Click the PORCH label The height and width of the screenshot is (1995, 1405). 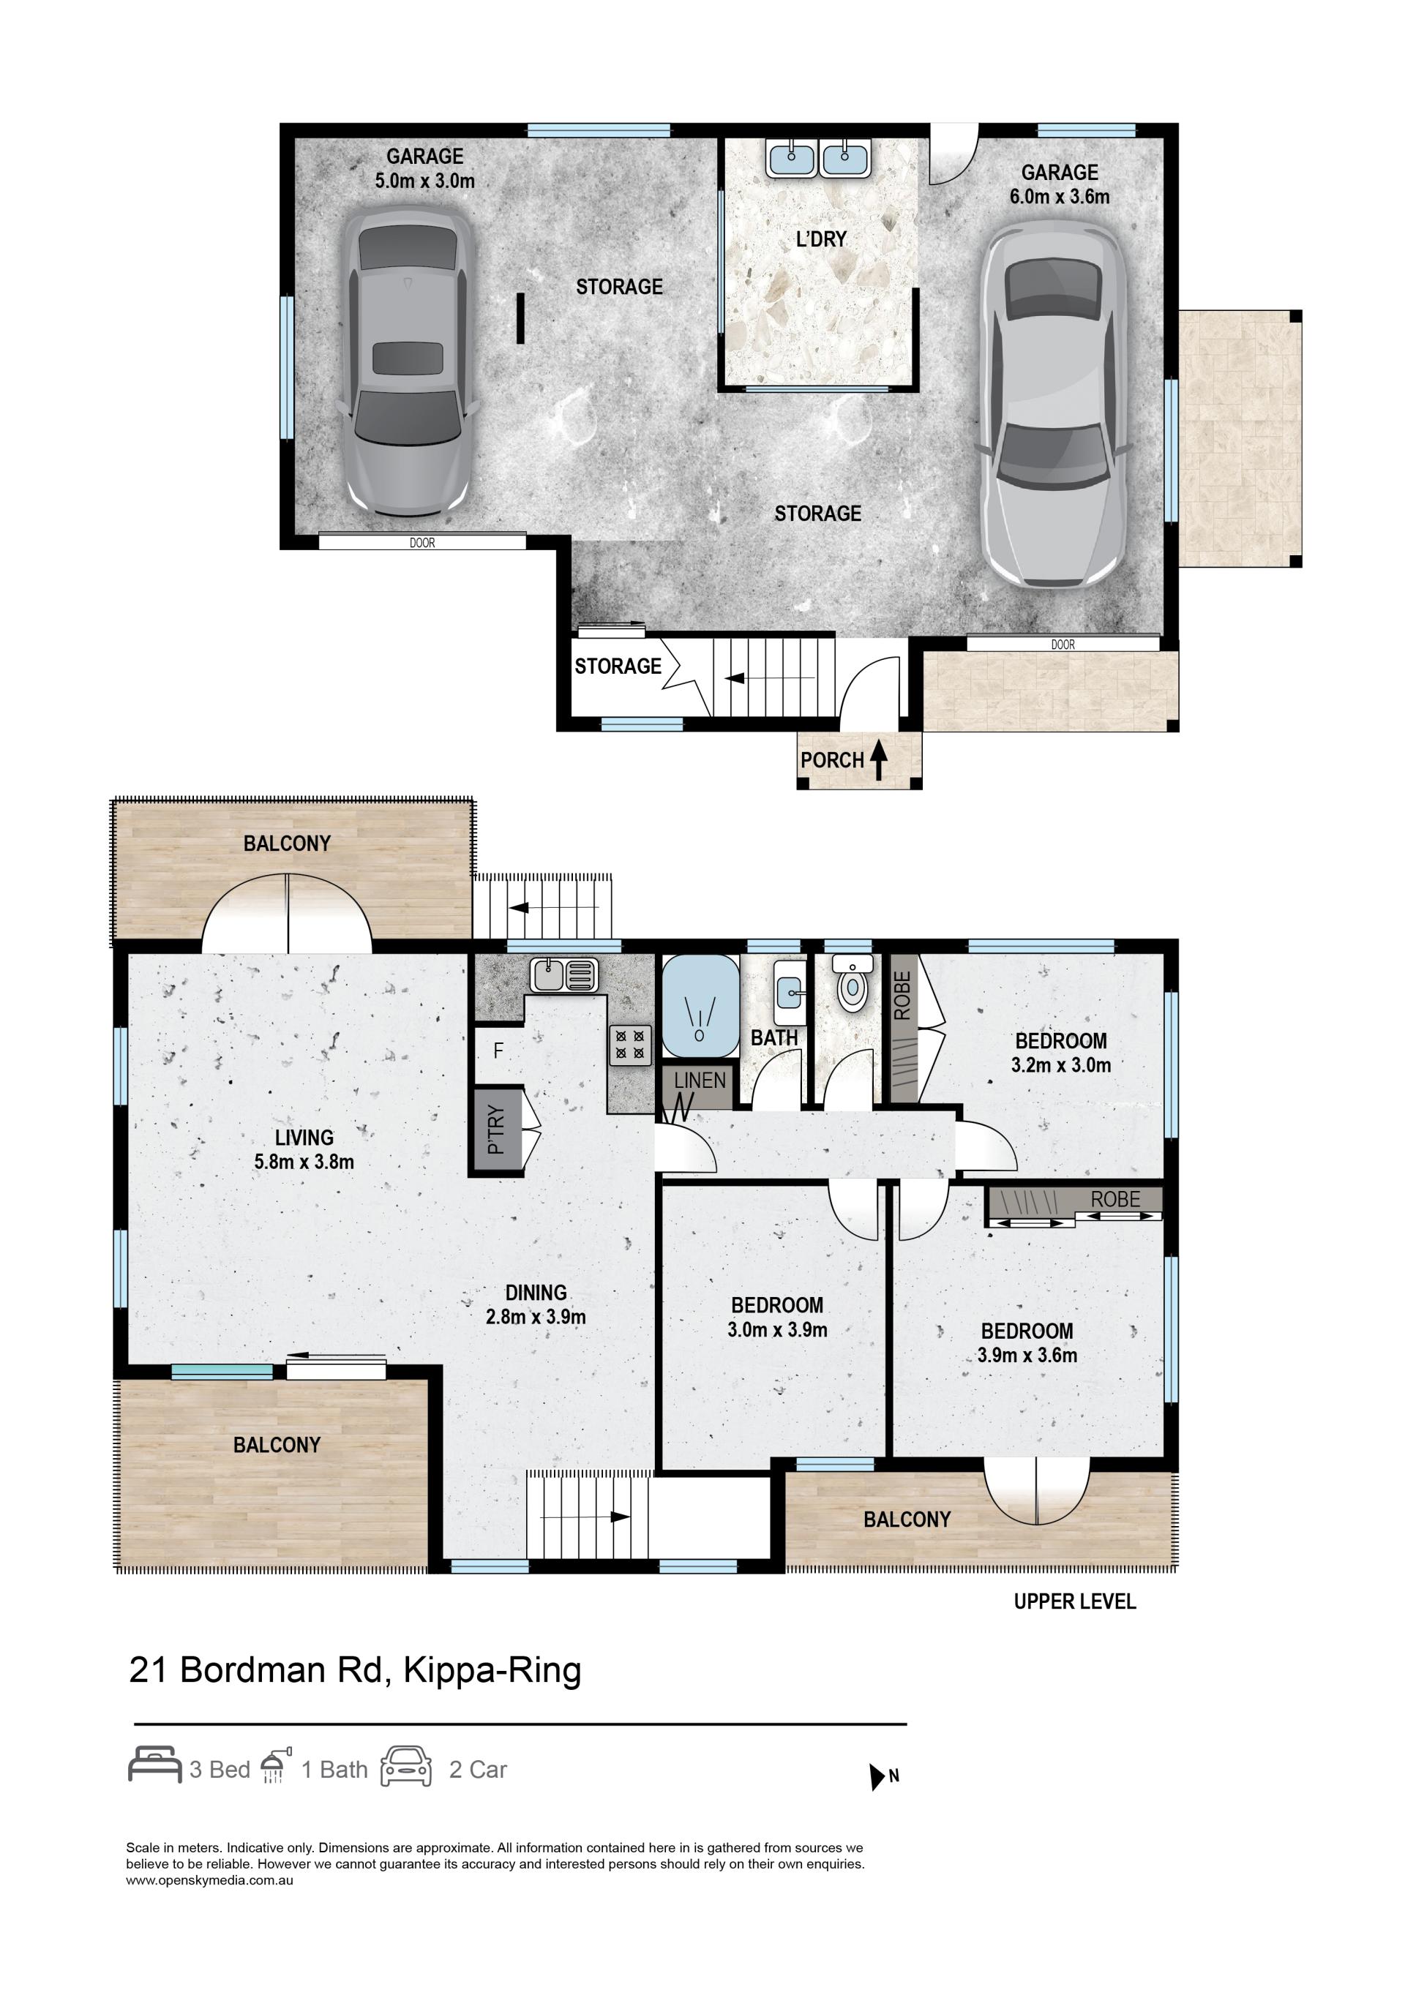(x=831, y=760)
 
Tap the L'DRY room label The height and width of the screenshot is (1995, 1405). (x=821, y=239)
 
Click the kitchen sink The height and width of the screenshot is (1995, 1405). (x=565, y=976)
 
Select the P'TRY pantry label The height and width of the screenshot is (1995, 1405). (x=496, y=1130)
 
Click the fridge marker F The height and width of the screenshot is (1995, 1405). (x=499, y=1051)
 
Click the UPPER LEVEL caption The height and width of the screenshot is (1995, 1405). (x=1075, y=1601)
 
